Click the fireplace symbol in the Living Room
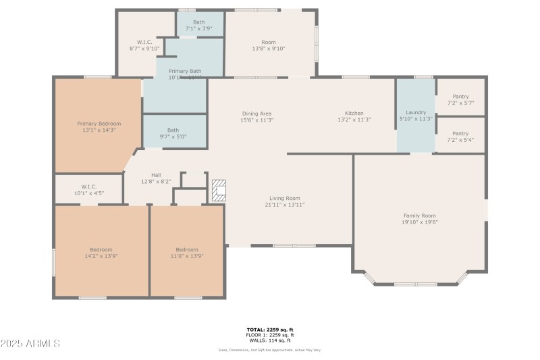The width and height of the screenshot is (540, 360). click(x=219, y=191)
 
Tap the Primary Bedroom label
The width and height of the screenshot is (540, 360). click(x=99, y=124)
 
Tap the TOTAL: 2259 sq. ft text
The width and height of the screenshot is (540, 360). click(x=269, y=330)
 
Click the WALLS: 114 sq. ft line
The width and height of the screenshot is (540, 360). click(x=269, y=340)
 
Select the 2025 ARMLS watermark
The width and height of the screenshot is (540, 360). click(x=30, y=344)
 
